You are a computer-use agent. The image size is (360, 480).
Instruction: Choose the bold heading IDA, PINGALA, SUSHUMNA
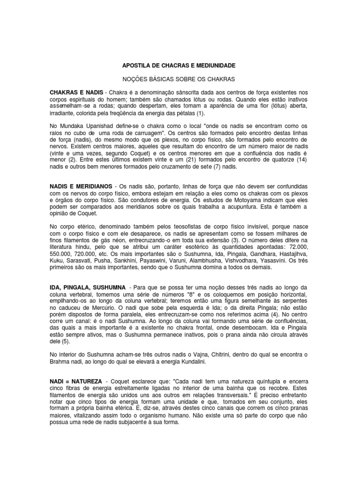tap(87, 287)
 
